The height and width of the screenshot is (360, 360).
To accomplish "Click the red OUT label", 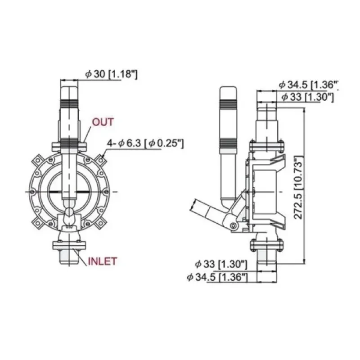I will [103, 122].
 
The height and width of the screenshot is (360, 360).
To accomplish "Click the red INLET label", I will [102, 261].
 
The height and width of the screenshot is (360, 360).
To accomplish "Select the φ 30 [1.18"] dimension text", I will [111, 75].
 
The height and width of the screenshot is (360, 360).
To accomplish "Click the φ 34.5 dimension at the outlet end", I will [308, 85].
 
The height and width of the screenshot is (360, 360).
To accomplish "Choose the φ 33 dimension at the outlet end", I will [307, 97].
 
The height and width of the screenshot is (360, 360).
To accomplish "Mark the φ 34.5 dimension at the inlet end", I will [218, 278].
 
